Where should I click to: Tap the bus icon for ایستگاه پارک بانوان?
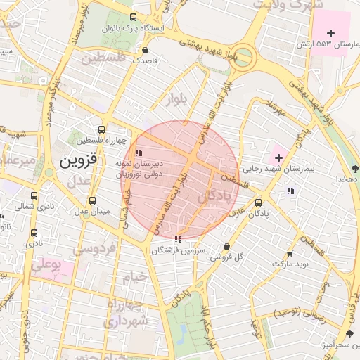(x=134, y=18)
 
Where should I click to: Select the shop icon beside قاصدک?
(x=146, y=51)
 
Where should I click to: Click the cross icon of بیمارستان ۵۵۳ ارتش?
(x=331, y=33)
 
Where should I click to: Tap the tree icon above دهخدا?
(x=354, y=169)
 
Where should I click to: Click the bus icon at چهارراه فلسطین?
(x=102, y=129)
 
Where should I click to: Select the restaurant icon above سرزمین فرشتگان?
(x=176, y=239)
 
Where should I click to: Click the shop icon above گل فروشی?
(x=226, y=246)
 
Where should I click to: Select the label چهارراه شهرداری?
(x=127, y=314)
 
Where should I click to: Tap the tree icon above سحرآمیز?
(x=349, y=333)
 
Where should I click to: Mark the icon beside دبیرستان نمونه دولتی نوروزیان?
(x=139, y=152)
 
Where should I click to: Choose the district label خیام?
(x=135, y=276)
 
